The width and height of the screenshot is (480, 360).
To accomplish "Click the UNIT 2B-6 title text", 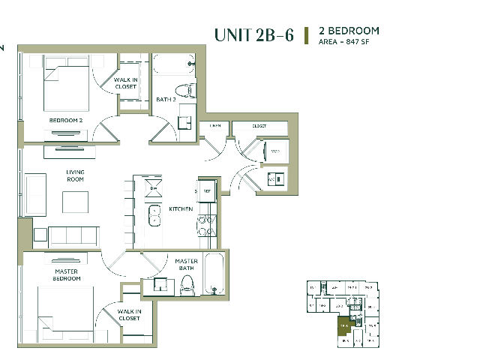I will [253, 35].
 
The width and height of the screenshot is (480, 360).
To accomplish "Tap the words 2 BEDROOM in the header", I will [349, 31].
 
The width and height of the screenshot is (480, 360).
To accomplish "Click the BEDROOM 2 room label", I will [66, 120].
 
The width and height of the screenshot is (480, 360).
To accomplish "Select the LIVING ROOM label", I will [75, 176].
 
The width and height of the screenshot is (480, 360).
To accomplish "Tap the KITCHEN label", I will [181, 208].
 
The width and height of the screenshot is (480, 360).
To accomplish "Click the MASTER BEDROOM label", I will [67, 274].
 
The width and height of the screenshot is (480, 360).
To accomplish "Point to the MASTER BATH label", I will [187, 265].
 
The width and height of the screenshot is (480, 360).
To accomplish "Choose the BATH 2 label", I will [166, 99].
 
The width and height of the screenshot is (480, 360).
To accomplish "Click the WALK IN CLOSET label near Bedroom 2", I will [125, 83].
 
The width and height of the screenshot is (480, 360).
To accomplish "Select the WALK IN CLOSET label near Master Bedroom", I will [129, 314].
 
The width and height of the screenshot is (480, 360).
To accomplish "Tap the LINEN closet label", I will [215, 126].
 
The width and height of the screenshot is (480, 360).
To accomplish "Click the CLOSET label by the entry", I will [259, 126].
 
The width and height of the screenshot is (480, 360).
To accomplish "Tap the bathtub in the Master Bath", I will [214, 274].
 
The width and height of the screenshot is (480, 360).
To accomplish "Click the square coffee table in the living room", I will [75, 202].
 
